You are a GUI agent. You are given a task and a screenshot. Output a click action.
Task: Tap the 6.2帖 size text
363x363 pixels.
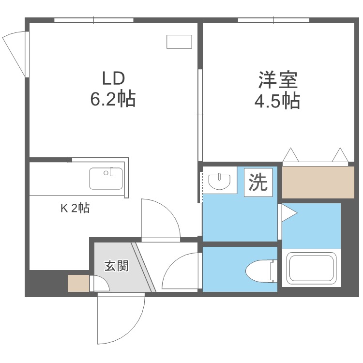tap(113, 99)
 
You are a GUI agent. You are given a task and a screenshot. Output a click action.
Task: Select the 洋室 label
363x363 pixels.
tap(277, 79)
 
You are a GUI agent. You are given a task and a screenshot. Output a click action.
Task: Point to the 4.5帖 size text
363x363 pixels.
tap(277, 101)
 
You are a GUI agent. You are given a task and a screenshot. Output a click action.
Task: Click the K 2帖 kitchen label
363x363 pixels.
tap(74, 209)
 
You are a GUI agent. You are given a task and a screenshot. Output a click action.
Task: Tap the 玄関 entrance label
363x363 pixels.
tap(116, 266)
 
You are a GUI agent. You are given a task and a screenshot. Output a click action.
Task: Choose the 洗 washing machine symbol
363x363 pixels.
tap(257, 182)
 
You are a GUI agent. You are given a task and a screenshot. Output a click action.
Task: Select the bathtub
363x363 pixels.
tap(311, 269)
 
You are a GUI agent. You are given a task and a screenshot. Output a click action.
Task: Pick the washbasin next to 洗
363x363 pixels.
tap(219, 181)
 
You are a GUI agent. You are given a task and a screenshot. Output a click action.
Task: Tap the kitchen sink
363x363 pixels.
tap(106, 178)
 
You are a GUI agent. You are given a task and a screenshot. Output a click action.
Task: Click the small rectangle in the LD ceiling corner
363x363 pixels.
tap(179, 42)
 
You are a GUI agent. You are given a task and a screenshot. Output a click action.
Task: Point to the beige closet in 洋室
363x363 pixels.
tap(318, 182)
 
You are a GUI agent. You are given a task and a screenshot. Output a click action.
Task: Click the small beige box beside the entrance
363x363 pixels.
tap(78, 283)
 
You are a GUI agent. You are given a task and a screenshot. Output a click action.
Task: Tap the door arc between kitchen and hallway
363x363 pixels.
tap(160, 218)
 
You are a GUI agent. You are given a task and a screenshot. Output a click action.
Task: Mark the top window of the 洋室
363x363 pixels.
tap(273, 20)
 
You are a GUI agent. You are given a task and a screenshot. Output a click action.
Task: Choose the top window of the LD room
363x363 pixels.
tap(93, 20)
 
